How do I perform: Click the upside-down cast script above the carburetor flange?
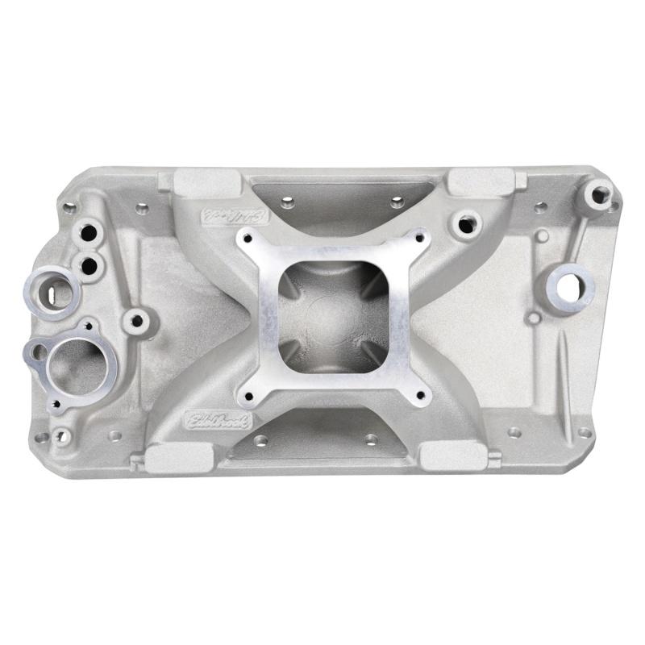tap(227, 215)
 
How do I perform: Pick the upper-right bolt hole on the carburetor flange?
tap(418, 236)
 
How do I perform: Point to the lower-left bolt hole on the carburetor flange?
tap(246, 395)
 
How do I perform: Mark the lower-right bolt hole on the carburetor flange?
tap(418, 394)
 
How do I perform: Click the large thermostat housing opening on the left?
tap(76, 364)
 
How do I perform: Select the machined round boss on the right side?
tap(573, 284)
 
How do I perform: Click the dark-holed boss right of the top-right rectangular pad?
tap(465, 223)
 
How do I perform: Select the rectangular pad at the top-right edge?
tap(481, 182)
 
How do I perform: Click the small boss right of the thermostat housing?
tap(136, 322)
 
